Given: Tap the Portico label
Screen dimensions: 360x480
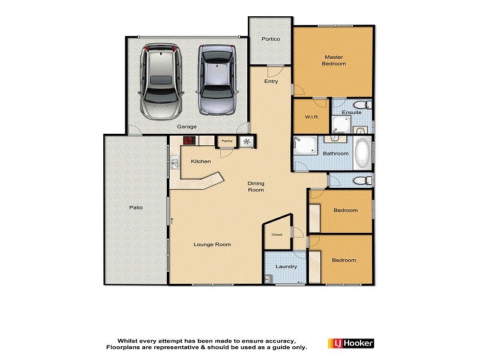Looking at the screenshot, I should tap(270, 39).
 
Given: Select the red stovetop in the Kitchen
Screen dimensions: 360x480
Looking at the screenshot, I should tap(190, 140).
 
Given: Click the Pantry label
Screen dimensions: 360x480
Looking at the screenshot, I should tap(226, 141).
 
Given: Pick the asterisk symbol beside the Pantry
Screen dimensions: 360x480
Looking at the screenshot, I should tap(247, 142).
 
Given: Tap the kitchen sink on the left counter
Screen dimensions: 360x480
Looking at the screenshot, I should tap(175, 162).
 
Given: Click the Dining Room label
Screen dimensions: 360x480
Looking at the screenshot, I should tap(256, 187).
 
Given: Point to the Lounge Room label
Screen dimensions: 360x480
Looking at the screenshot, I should tap(212, 244).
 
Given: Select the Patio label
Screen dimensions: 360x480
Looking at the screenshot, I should tap(136, 208).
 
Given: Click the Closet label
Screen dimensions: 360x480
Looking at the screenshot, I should tap(277, 234).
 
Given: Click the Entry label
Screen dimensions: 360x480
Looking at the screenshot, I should tap(271, 81).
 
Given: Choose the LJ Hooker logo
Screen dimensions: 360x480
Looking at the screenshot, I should tap(351, 343).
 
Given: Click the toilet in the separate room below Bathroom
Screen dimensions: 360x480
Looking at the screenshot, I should tap(361, 180).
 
